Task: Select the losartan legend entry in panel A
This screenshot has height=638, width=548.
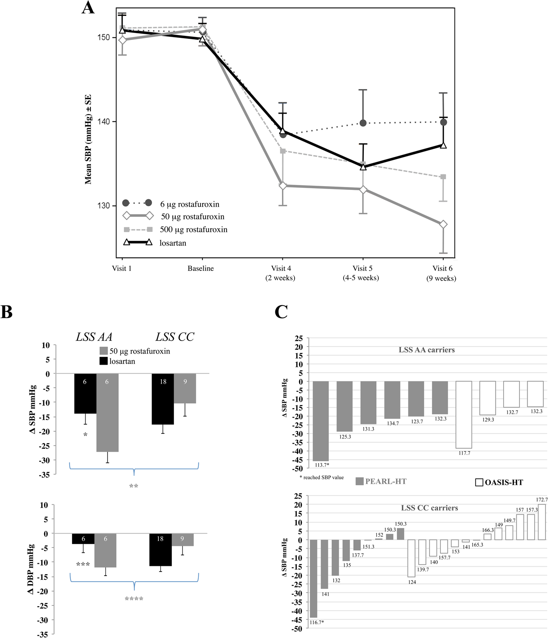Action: coord(172,243)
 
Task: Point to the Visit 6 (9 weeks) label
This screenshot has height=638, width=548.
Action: coord(442,273)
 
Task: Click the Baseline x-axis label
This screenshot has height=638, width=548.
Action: coord(200,268)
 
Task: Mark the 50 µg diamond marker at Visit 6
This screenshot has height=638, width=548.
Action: coord(443,224)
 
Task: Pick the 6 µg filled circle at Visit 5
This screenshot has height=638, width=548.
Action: coord(363,123)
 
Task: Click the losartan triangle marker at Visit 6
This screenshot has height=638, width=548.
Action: coord(443,145)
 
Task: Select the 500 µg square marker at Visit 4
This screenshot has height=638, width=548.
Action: coord(283,151)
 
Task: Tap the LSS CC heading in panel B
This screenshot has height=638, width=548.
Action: coord(174,337)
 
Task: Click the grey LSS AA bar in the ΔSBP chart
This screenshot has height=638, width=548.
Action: coord(107,412)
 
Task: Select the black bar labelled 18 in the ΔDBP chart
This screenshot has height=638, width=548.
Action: coord(160,550)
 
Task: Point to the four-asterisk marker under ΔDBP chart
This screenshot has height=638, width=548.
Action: coord(134,599)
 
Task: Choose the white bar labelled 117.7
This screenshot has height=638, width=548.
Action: coord(464,414)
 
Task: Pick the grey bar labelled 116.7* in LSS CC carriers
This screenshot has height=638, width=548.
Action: coord(314,579)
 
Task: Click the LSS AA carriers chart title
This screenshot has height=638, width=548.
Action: coord(427,350)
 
